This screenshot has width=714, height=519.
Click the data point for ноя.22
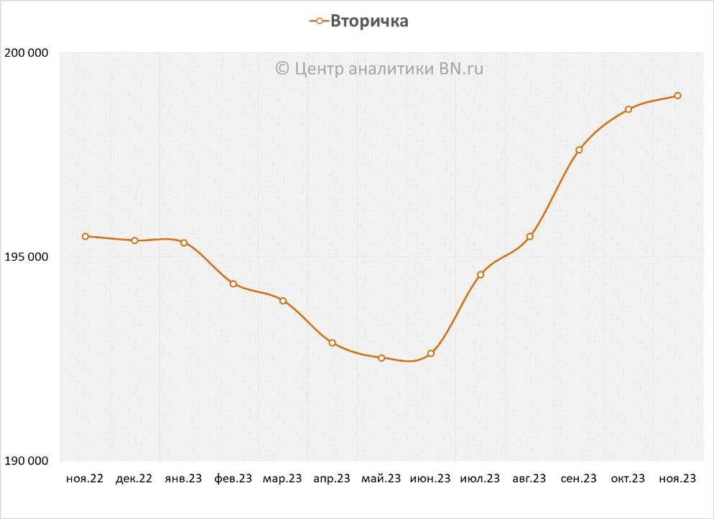pyautogui.click(x=85, y=236)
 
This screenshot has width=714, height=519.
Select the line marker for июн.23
pyautogui.click(x=431, y=353)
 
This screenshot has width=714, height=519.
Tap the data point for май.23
pyautogui.click(x=381, y=357)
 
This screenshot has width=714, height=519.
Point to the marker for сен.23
pyautogui.click(x=579, y=150)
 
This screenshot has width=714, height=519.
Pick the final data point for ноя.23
pyautogui.click(x=677, y=95)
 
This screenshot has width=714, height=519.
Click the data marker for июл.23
pyautogui.click(x=481, y=274)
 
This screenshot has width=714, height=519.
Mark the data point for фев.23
pyautogui.click(x=233, y=284)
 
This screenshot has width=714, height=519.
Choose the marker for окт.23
pyautogui.click(x=628, y=109)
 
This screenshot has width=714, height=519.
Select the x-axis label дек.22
pyautogui.click(x=134, y=479)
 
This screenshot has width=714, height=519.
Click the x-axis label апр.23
pyautogui.click(x=332, y=479)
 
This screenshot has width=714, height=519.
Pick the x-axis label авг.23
pyautogui.click(x=529, y=479)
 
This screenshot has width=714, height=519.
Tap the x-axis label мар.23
pyautogui.click(x=282, y=479)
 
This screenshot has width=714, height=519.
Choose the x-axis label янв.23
pyautogui.click(x=183, y=479)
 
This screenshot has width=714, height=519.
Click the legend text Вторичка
pyautogui.click(x=369, y=21)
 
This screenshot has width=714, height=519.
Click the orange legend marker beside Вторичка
pyautogui.click(x=319, y=21)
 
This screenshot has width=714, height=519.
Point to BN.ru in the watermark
pyautogui.click(x=460, y=68)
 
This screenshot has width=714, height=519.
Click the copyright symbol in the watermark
pyautogui.click(x=282, y=68)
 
